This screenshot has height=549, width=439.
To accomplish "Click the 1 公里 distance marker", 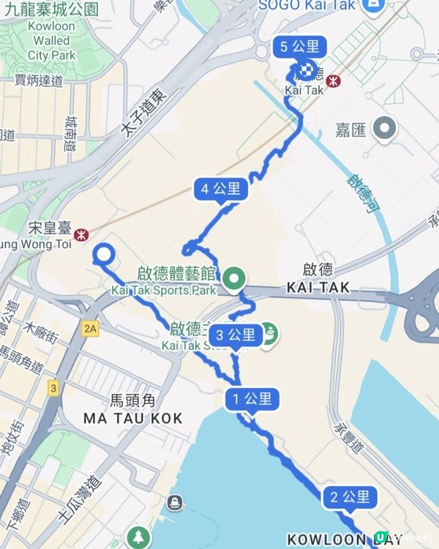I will pyautogui.click(x=252, y=400).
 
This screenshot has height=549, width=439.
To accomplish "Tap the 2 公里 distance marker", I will pyautogui.click(x=348, y=498).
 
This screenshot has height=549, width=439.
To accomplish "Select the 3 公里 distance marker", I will pyautogui.click(x=234, y=336).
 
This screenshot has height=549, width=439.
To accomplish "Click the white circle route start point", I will pyautogui.click(x=103, y=255).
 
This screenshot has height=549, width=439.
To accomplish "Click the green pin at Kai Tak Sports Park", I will pyautogui.click(x=234, y=277).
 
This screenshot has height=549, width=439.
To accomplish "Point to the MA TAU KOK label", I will pyautogui.click(x=132, y=418).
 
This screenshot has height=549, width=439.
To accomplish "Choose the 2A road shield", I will pyautogui.click(x=91, y=329).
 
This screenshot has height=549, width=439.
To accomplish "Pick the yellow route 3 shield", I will pyautogui.click(x=53, y=386).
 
